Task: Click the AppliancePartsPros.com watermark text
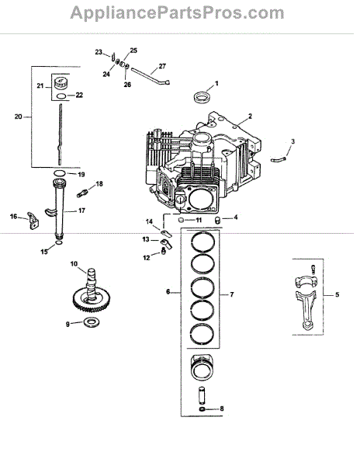click(x=177, y=13)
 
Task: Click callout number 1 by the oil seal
click(x=216, y=84)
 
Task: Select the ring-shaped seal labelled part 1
click(x=202, y=97)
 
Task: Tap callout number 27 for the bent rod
click(x=162, y=66)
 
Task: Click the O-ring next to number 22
click(x=61, y=96)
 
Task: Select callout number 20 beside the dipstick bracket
click(x=19, y=116)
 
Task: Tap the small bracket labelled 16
click(x=33, y=221)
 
